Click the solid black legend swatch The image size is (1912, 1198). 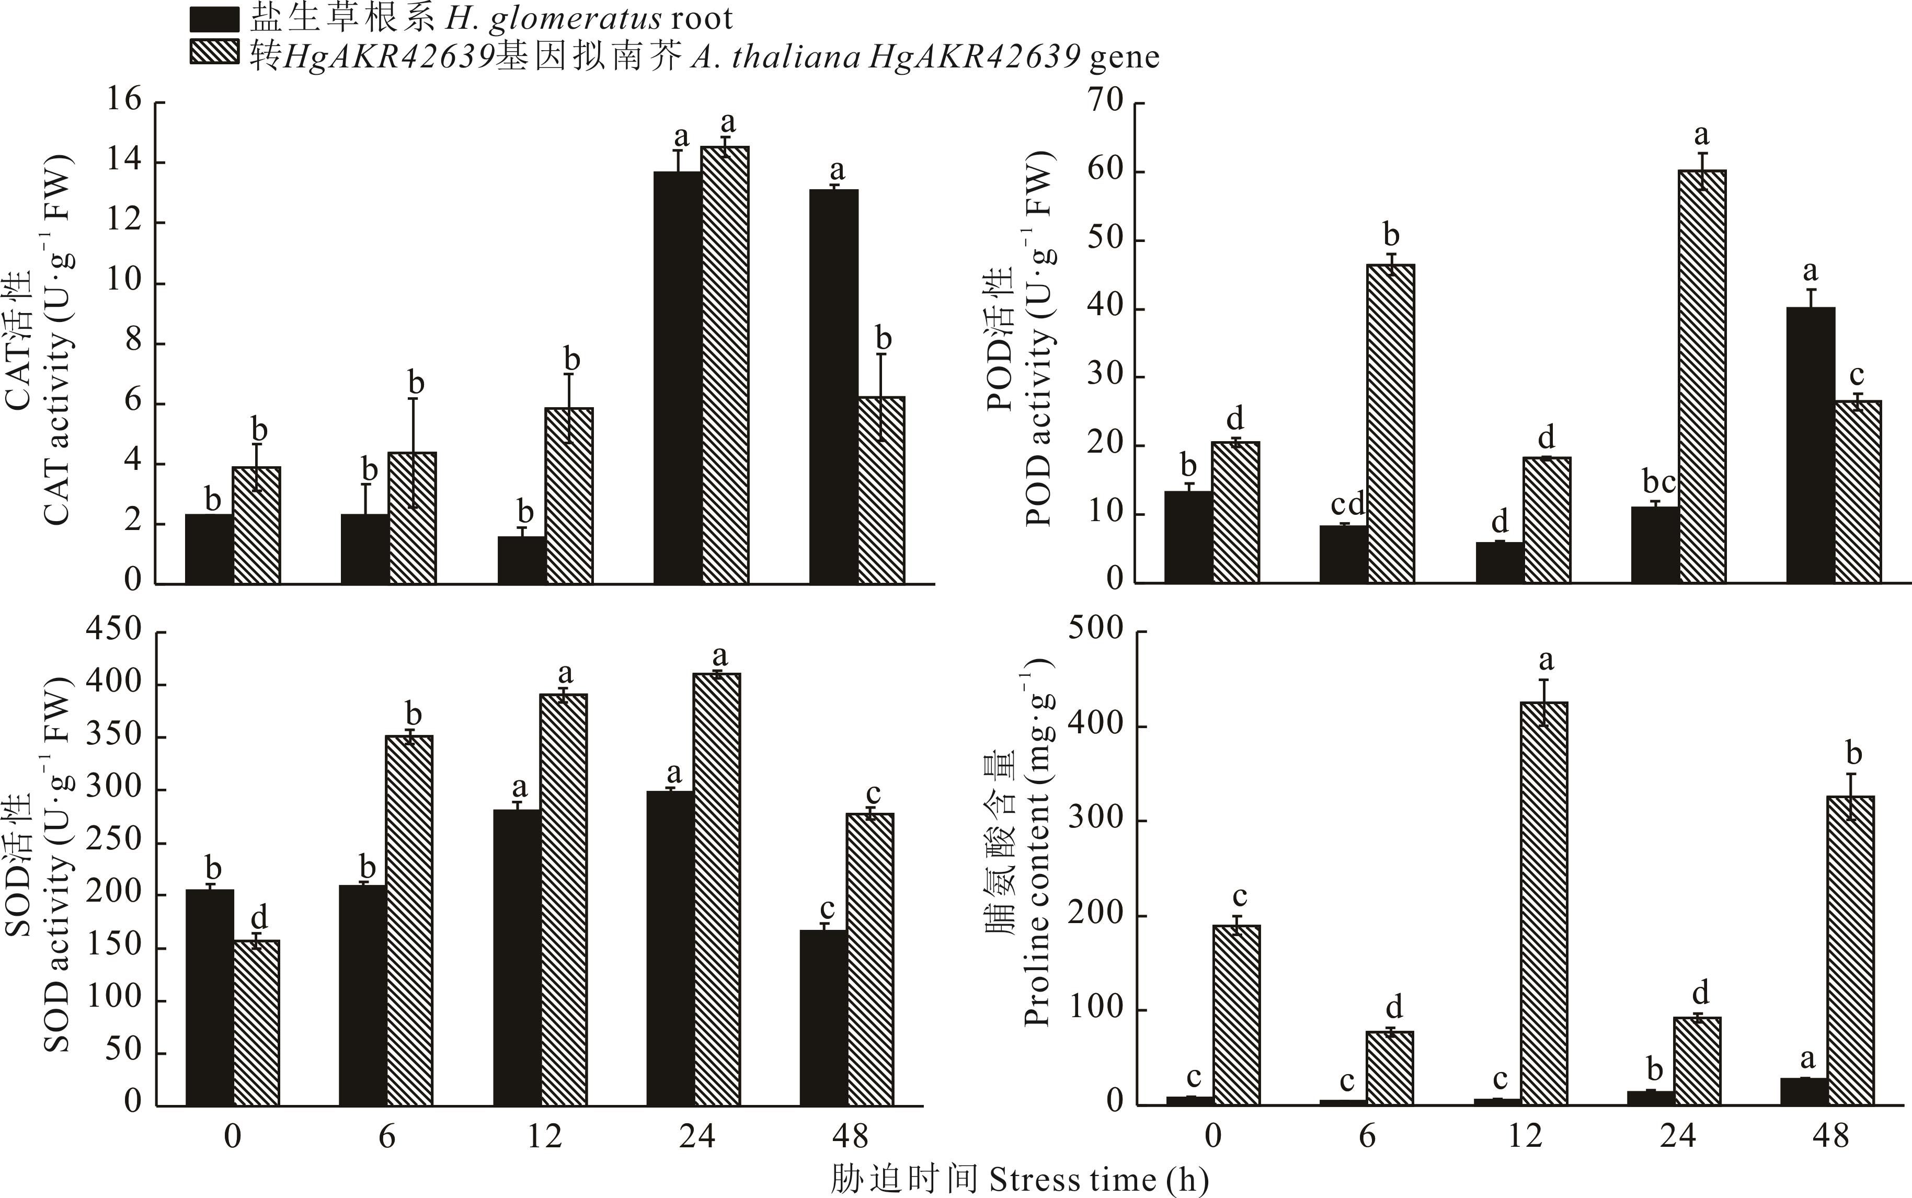click(214, 18)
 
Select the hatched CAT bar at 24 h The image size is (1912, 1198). click(724, 364)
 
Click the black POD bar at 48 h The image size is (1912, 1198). click(1811, 444)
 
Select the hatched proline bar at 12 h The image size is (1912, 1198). click(1545, 903)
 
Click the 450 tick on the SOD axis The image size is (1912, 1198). click(114, 630)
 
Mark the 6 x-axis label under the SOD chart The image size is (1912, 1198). click(386, 1137)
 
